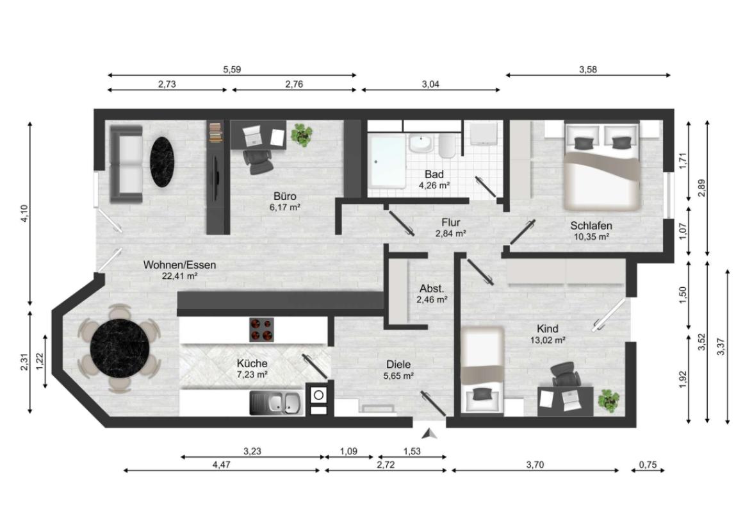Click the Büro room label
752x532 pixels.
coord(285,196)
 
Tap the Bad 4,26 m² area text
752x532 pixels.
coord(434,185)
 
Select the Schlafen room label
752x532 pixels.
coord(591,226)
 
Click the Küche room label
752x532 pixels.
coord(252,363)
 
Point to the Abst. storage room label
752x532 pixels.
coord(432,289)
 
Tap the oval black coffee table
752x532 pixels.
coord(162,162)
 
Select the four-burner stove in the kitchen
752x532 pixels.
coord(261,329)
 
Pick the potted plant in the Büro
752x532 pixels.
coord(302,135)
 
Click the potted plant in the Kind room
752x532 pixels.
coord(608,400)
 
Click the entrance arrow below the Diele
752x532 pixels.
coord(429,434)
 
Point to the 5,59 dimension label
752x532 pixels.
coord(232,70)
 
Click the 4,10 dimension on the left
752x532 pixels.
coord(26,213)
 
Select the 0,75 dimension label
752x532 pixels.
coord(648,464)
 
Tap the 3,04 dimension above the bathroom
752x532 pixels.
coord(430,85)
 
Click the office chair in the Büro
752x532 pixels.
coord(257,162)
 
